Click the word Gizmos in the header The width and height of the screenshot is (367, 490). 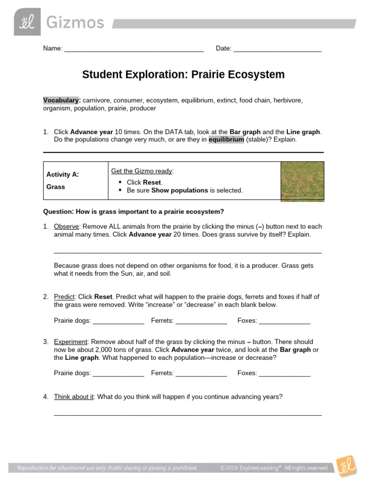pyautogui.click(x=75, y=22)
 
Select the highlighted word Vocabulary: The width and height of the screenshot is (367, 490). pyautogui.click(x=62, y=100)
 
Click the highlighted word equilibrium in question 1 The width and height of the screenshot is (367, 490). pyautogui.click(x=226, y=140)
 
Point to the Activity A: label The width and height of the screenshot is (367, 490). pyautogui.click(x=63, y=175)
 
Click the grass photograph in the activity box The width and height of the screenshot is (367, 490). pyautogui.click(x=302, y=180)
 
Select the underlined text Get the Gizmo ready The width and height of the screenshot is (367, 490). pyautogui.click(x=142, y=171)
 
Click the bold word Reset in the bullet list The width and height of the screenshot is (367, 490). pyautogui.click(x=152, y=182)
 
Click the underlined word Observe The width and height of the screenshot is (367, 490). pyautogui.click(x=66, y=226)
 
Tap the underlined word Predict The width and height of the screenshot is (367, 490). pyautogui.click(x=65, y=297)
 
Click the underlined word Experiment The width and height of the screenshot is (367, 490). pyautogui.click(x=71, y=342)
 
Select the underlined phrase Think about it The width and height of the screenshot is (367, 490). pyautogui.click(x=74, y=397)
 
